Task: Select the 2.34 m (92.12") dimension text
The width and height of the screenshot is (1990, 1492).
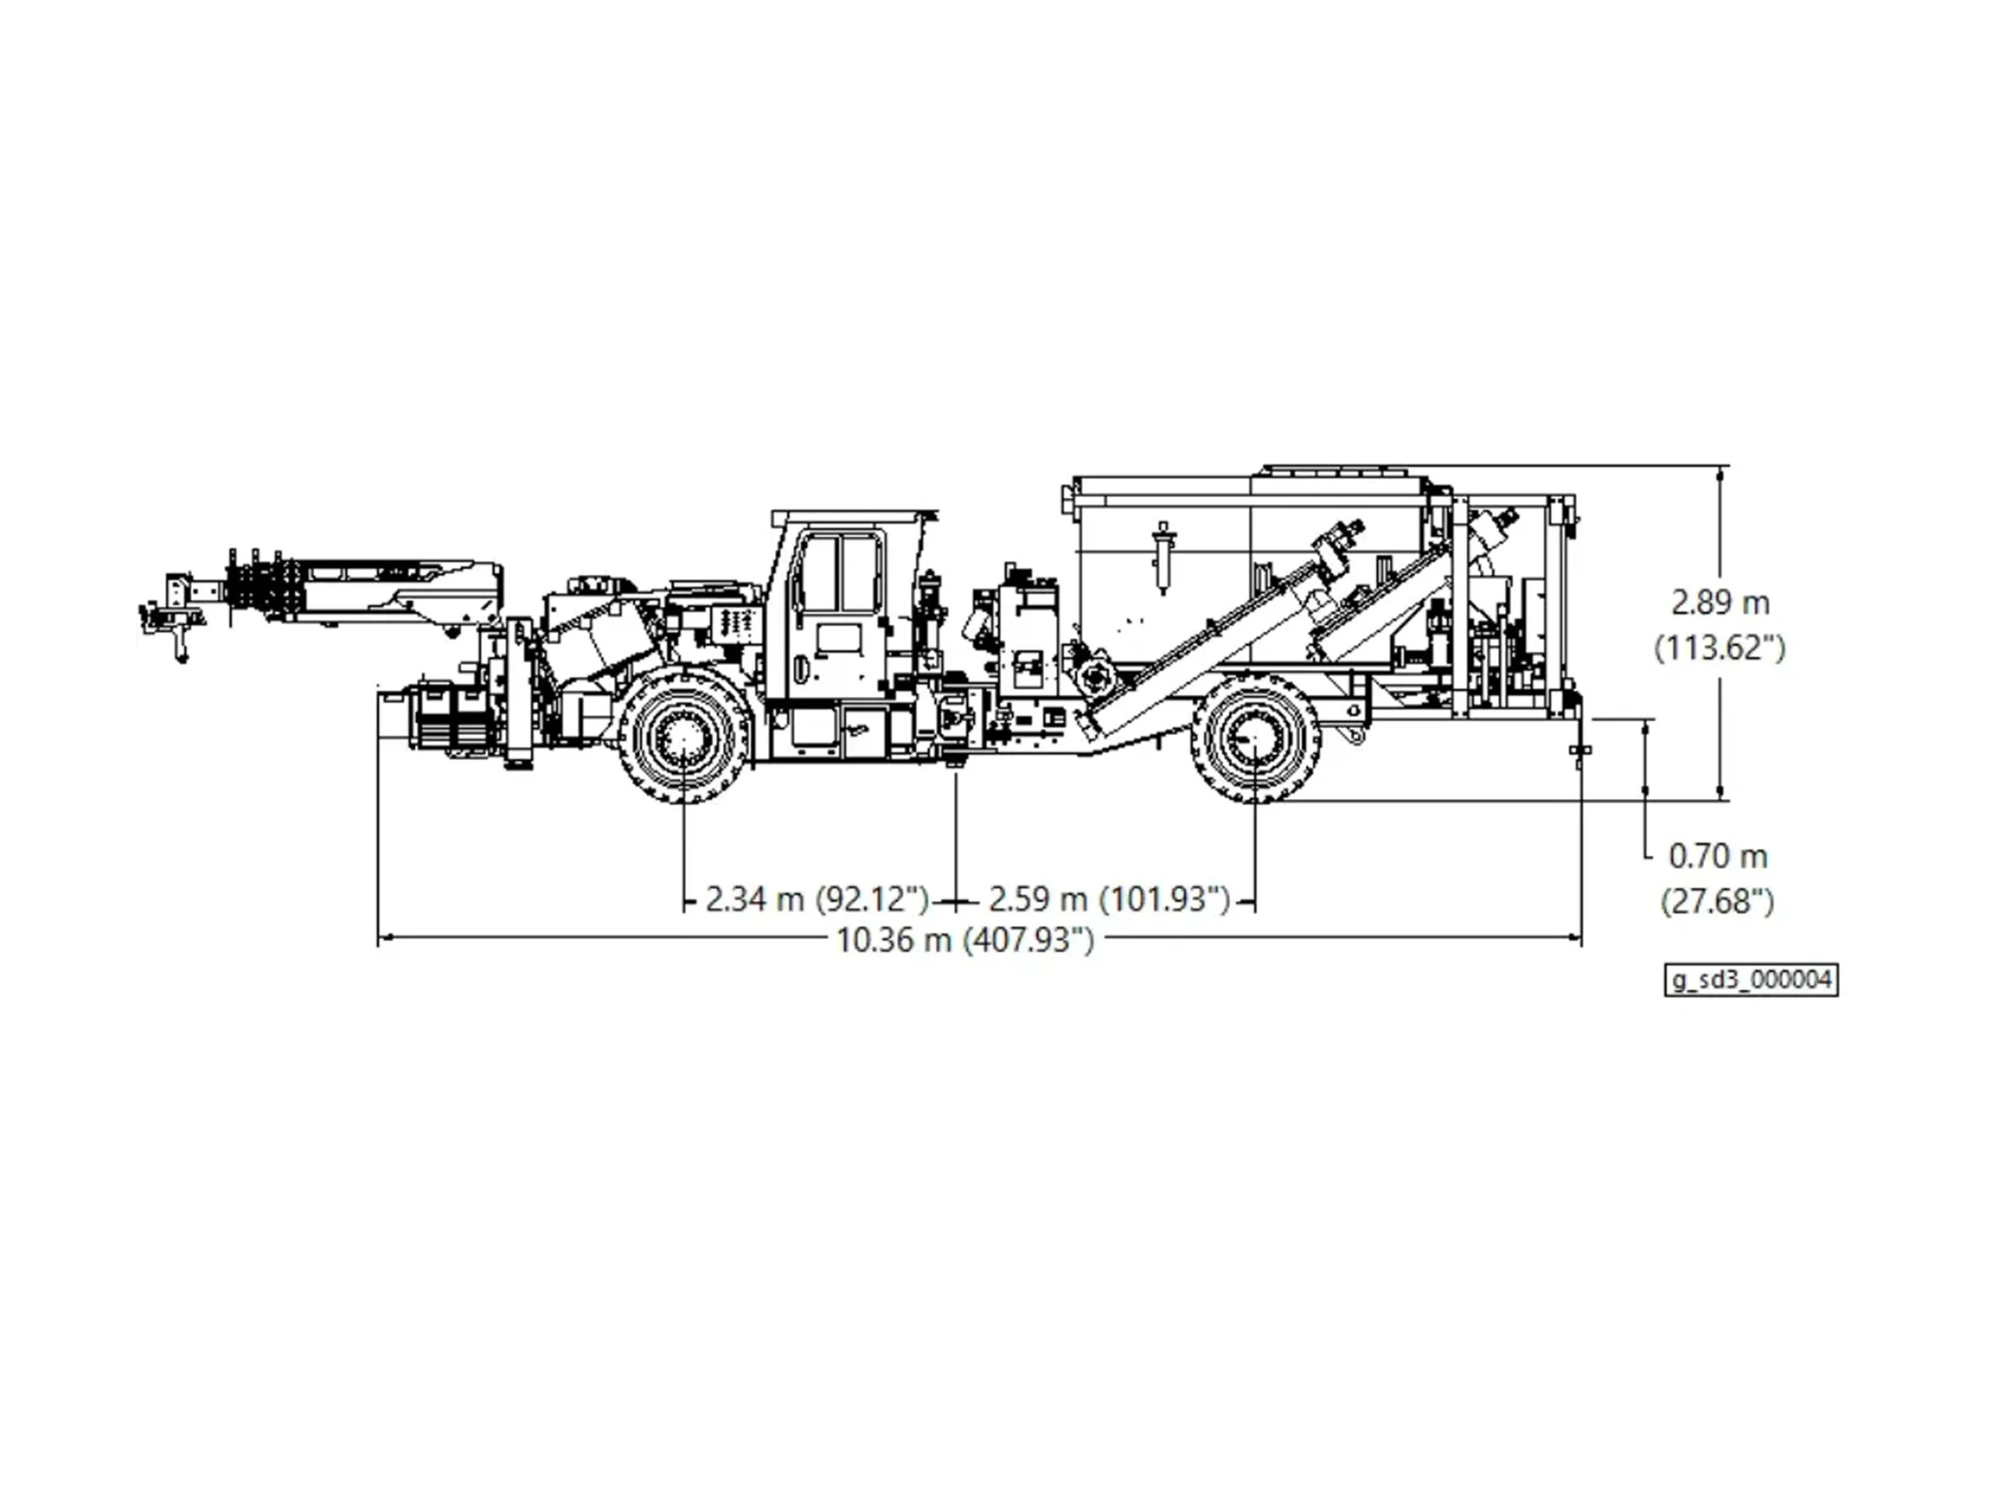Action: click(816, 898)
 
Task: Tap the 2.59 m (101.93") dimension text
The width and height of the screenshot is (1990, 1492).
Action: click(1109, 898)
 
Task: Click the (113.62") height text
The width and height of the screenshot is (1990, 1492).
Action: click(1720, 647)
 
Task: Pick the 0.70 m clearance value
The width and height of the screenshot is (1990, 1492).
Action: click(1718, 856)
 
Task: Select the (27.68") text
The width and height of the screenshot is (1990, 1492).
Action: click(1717, 901)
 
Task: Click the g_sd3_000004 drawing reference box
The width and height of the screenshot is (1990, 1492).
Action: click(1751, 980)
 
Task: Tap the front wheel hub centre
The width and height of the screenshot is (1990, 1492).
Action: click(685, 737)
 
